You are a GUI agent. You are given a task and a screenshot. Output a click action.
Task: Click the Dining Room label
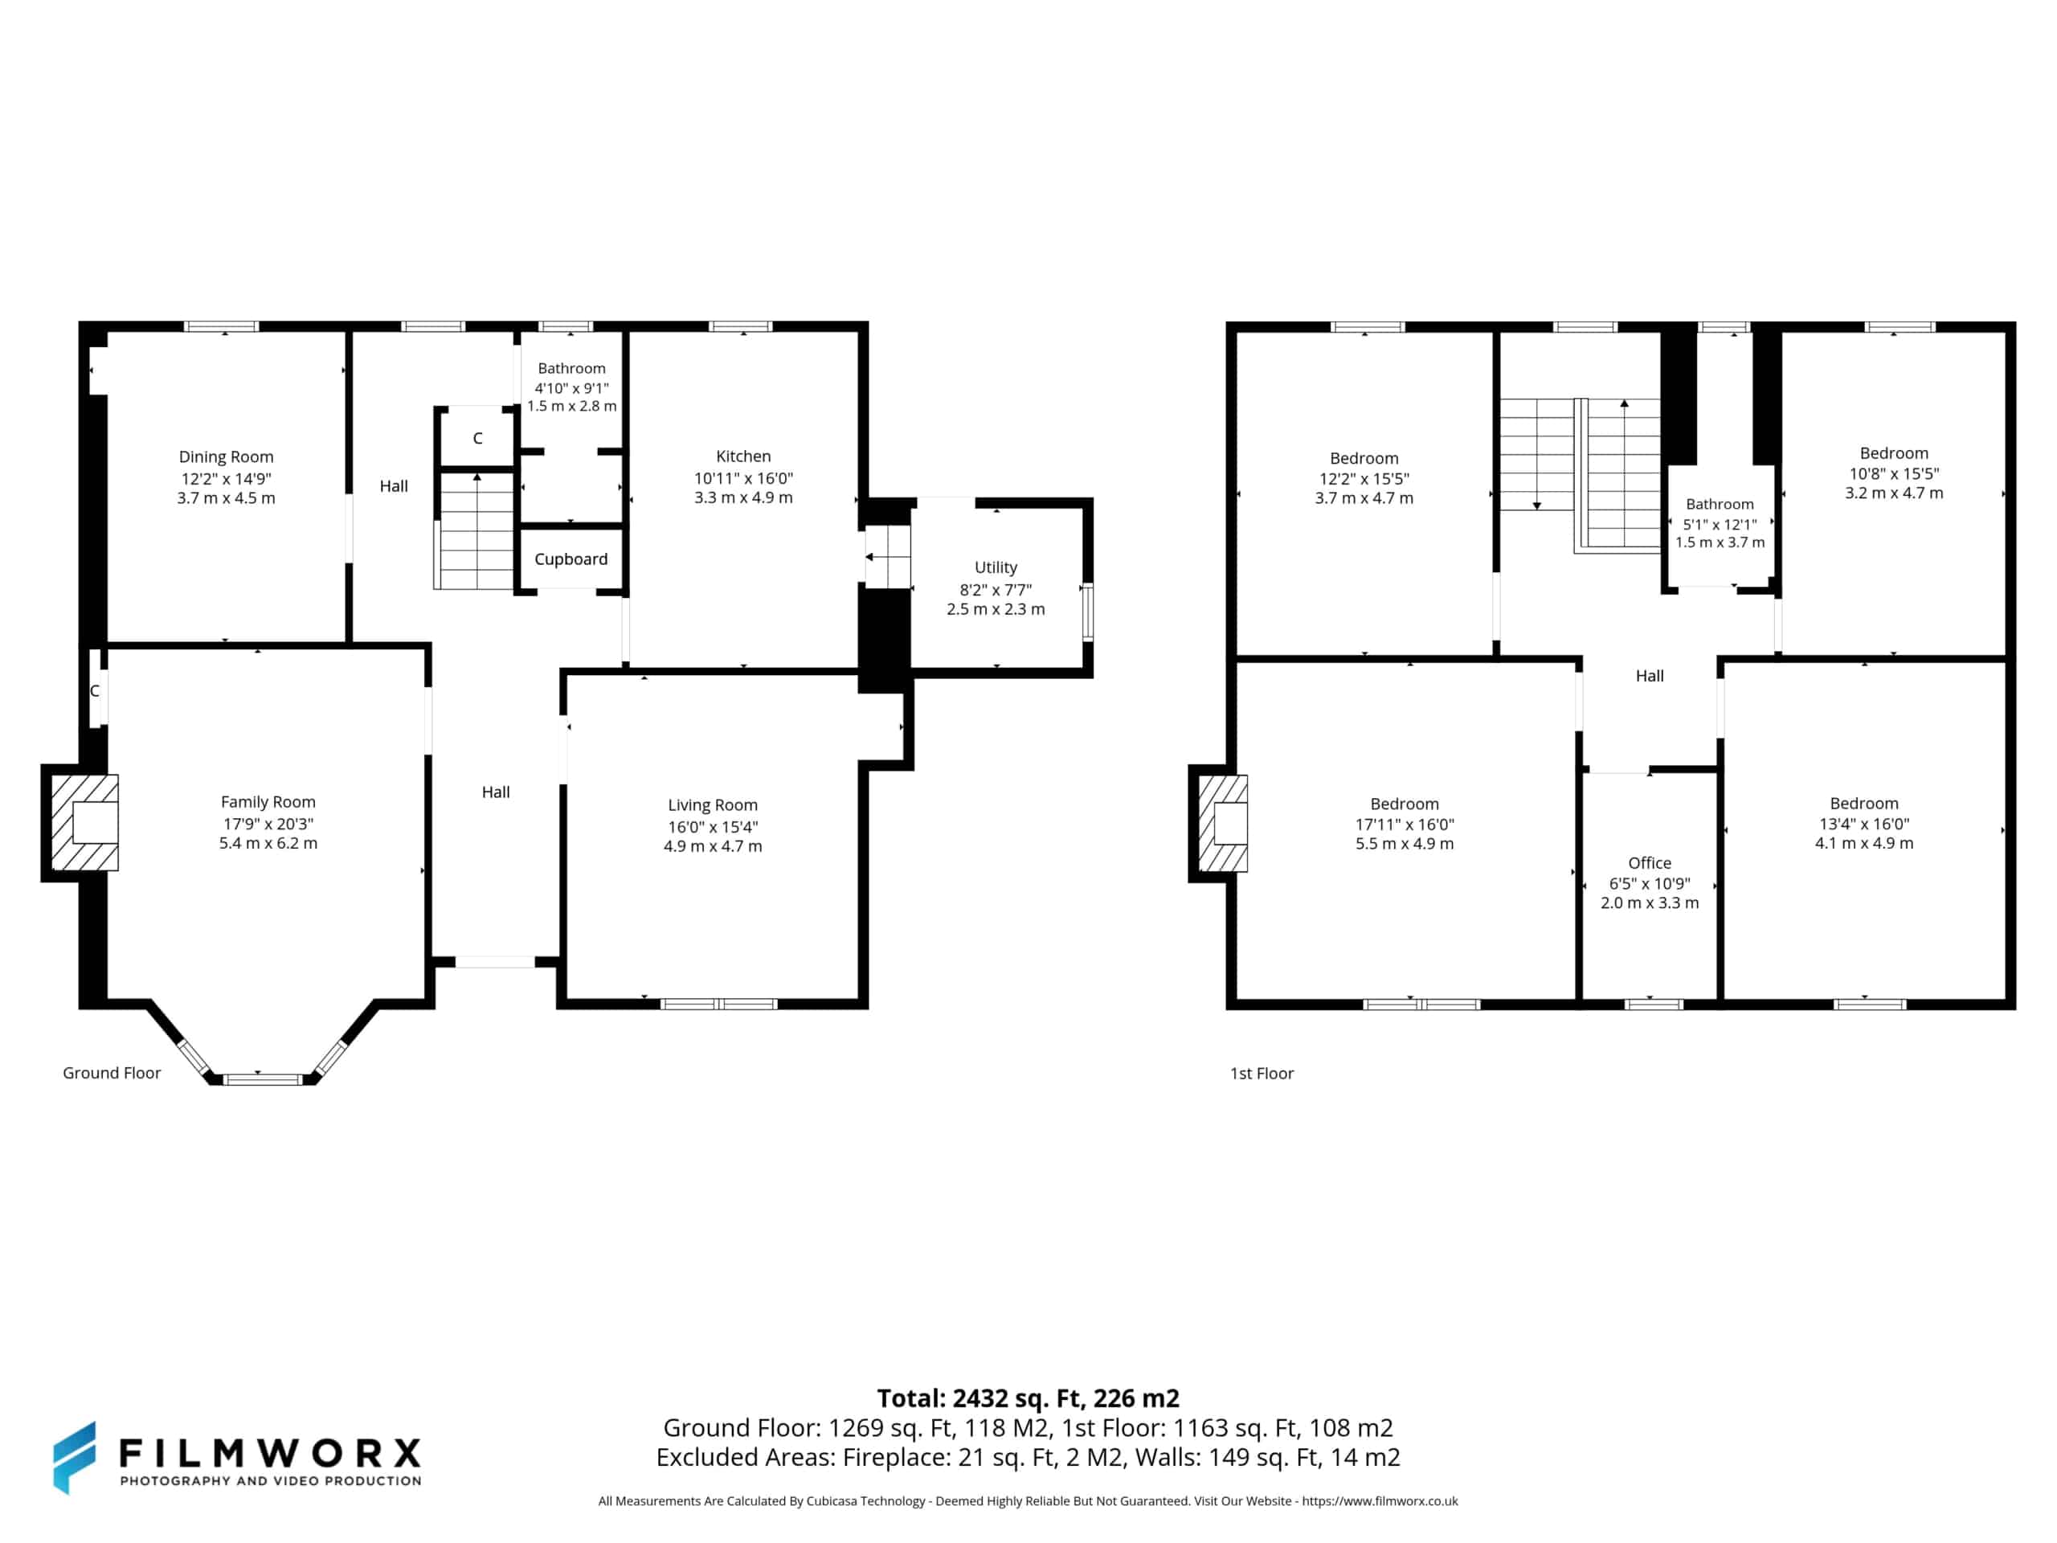(x=226, y=456)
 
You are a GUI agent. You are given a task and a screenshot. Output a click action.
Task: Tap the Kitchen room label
(x=743, y=456)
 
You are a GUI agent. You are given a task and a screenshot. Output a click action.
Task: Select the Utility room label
(x=995, y=567)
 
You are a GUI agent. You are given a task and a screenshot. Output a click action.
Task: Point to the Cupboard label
(x=571, y=559)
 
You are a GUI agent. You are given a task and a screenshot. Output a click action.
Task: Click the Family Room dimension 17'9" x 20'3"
(x=268, y=823)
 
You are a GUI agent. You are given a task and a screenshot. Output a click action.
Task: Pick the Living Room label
(x=713, y=805)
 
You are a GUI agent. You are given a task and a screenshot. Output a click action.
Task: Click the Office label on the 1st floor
(x=1650, y=863)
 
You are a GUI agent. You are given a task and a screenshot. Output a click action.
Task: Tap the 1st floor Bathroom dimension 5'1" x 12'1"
(x=1720, y=525)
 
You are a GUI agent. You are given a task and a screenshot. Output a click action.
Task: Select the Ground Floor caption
(x=112, y=1072)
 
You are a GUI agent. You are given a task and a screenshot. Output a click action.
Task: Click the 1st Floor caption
(x=1262, y=1074)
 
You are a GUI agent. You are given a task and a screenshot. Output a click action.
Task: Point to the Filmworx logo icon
(x=75, y=1458)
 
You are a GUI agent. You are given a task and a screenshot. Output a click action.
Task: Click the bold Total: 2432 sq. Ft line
(x=1028, y=1398)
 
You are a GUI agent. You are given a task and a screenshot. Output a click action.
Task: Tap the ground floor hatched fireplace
(x=84, y=823)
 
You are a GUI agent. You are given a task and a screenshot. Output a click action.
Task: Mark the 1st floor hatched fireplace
(x=1223, y=823)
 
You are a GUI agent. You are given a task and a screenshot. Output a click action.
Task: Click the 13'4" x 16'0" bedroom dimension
(x=1863, y=823)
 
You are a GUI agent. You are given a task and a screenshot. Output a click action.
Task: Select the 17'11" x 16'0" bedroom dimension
(x=1405, y=824)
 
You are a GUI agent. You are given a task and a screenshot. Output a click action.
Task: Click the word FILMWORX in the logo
(x=270, y=1452)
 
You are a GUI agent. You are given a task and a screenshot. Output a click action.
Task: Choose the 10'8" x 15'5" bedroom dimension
(x=1893, y=473)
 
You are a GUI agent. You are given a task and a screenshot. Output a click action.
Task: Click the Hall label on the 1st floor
(x=1650, y=676)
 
